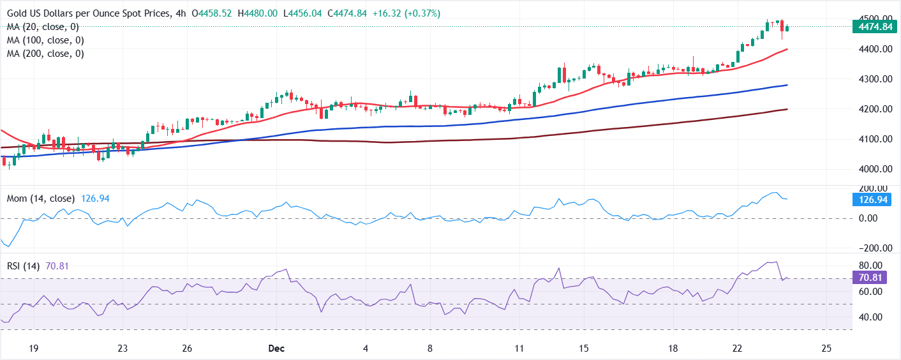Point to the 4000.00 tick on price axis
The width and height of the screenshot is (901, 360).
pos(872,169)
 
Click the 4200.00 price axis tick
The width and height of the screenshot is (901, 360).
pos(872,109)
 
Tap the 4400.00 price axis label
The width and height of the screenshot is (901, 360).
pos(872,49)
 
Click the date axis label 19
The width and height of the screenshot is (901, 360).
pos(34,349)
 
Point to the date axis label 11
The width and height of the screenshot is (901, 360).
pos(519,349)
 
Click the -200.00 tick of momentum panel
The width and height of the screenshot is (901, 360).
pos(870,248)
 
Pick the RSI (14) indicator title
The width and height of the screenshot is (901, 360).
pos(24,266)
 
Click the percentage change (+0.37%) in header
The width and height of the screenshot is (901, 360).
pos(420,13)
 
